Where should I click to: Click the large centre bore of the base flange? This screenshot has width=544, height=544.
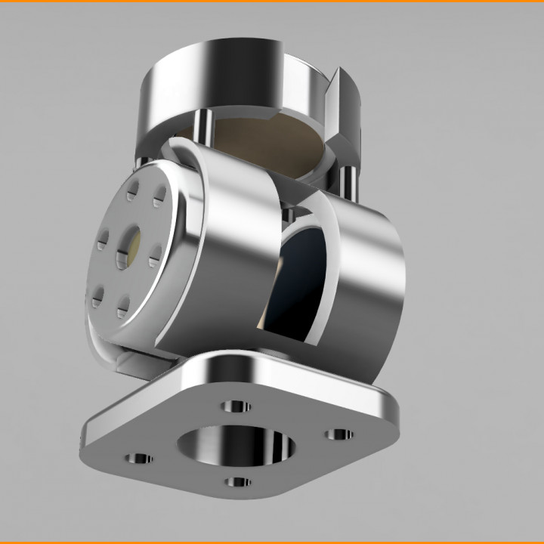pyautogui.click(x=235, y=445)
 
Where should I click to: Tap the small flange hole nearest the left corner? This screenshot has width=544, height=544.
pyautogui.click(x=138, y=459)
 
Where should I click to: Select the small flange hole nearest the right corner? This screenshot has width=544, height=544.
pyautogui.click(x=340, y=434)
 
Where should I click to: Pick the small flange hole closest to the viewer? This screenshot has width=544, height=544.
pyautogui.click(x=238, y=481)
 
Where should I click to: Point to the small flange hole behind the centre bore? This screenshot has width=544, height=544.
pyautogui.click(x=236, y=407)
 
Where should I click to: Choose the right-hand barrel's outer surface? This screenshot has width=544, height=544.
pyautogui.click(x=370, y=287)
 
